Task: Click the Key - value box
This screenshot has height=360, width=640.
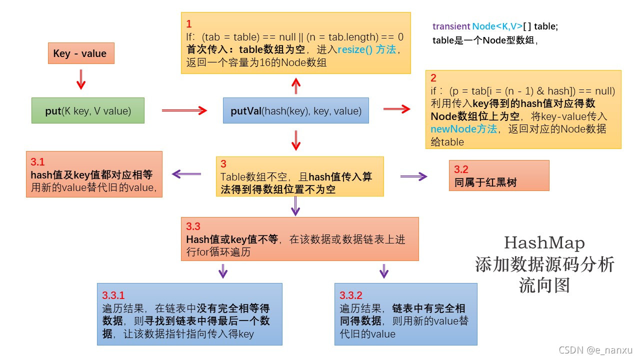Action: (x=81, y=53)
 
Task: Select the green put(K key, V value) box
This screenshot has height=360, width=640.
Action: (x=88, y=111)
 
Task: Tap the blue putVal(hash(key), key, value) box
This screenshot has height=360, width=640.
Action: (x=296, y=111)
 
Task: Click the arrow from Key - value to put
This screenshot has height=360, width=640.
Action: (x=81, y=79)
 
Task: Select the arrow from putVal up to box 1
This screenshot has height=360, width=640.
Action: (x=296, y=85)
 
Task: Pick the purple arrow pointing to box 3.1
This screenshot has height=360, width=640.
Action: (x=186, y=174)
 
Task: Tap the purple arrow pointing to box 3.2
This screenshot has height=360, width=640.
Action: (x=414, y=176)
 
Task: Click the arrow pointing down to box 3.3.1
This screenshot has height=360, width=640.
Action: (x=223, y=271)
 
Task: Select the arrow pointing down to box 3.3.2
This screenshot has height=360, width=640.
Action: (x=384, y=271)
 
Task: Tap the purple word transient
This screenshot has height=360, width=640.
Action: (x=451, y=26)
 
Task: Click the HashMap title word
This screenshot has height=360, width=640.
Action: (x=544, y=243)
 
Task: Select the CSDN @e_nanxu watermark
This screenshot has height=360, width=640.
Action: (x=598, y=350)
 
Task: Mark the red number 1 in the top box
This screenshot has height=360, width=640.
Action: (x=189, y=24)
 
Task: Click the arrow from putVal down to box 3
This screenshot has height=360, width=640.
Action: (x=296, y=140)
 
